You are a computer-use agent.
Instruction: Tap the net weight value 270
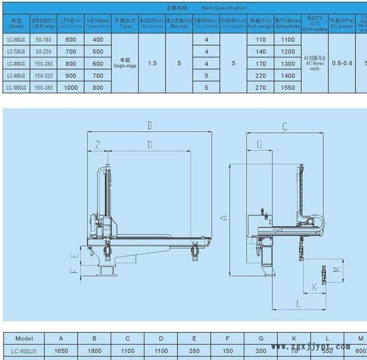261,88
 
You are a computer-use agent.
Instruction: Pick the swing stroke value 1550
287,88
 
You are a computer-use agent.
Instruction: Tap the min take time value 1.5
152,63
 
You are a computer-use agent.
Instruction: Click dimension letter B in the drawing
148,126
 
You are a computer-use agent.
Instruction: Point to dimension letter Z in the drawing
98,145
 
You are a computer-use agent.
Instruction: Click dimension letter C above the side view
284,127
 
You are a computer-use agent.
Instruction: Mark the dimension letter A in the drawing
223,217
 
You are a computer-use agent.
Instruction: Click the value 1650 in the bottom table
60,351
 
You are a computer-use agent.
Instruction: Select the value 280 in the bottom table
194,351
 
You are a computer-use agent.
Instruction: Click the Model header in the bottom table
24,338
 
